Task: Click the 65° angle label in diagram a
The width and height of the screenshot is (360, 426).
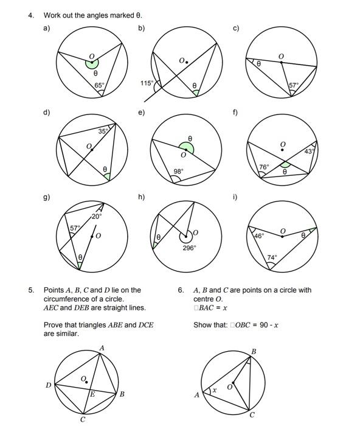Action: pos(99,85)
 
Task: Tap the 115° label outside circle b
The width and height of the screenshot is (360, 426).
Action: pos(147,83)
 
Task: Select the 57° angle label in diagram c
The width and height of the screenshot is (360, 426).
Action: pos(294,85)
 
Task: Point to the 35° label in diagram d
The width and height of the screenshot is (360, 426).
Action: pos(103,131)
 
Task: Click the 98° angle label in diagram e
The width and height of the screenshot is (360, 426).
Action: pos(179,172)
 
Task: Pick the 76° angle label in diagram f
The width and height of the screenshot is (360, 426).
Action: pos(264,167)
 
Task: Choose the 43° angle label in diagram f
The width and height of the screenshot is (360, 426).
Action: pos(310,152)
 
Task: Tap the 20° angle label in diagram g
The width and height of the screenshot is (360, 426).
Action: pos(97,216)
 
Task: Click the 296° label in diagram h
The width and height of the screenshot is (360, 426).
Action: pos(189,248)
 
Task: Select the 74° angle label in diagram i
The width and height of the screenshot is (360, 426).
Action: pos(272,257)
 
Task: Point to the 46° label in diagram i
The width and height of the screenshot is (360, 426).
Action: pos(259,236)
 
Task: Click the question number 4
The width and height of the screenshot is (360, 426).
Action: pos(31,15)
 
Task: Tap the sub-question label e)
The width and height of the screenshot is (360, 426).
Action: pos(142,113)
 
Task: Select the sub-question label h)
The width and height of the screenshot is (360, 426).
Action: pos(142,197)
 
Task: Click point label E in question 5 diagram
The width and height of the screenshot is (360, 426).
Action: pos(92,394)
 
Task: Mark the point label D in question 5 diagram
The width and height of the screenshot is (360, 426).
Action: pos(48,385)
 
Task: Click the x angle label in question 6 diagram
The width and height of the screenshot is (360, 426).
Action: pos(215,391)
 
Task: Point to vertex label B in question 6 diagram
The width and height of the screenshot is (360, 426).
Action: pos(254,352)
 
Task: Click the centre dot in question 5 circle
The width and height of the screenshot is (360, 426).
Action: pos(86,382)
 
